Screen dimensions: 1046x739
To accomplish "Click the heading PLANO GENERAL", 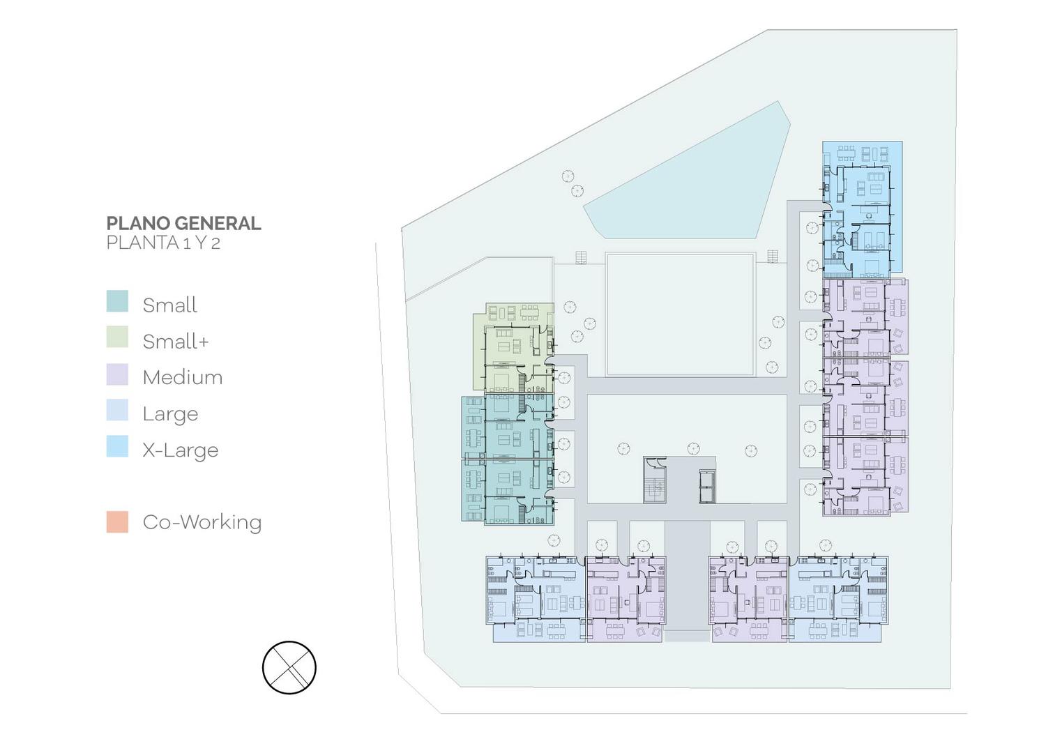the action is click(x=183, y=223).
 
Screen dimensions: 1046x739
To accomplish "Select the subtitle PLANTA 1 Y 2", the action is click(x=163, y=243).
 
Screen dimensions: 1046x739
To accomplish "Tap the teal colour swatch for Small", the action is click(x=117, y=301).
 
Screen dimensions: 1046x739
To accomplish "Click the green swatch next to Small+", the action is click(x=117, y=337).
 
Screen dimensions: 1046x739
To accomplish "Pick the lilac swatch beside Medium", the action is click(x=117, y=374).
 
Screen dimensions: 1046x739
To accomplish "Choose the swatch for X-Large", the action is click(x=117, y=446).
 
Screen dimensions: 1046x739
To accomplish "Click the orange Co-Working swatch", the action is click(x=117, y=522).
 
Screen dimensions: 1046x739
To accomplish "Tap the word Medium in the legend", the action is click(x=183, y=377).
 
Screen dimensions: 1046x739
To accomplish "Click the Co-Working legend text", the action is click(x=202, y=522).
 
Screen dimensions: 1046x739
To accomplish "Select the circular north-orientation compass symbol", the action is click(x=289, y=667).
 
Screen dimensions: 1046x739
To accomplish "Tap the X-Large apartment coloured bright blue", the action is click(x=862, y=210).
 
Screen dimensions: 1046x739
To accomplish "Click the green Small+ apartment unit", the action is click(x=514, y=348).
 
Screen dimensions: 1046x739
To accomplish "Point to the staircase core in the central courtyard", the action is click(x=655, y=480).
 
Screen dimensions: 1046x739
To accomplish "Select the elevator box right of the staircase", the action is click(x=707, y=486).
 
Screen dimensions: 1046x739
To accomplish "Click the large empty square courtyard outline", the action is click(x=680, y=314).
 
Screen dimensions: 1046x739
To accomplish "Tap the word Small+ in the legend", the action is click(x=176, y=342).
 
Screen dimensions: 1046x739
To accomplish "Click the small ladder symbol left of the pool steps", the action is click(x=580, y=257).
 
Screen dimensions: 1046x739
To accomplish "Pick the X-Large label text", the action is click(x=181, y=450).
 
